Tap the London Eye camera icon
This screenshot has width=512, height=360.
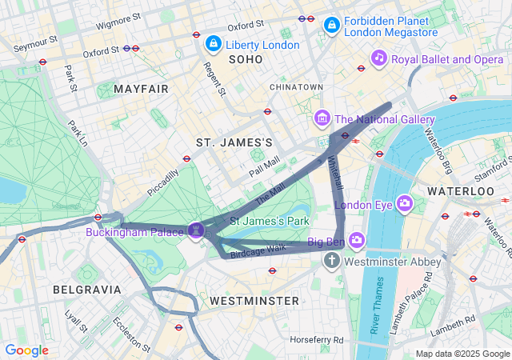tap(404, 204)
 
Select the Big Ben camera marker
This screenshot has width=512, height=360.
tap(356, 239)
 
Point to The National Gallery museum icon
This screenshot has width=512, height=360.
tap(322, 119)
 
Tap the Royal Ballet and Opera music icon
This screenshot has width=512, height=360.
tap(379, 58)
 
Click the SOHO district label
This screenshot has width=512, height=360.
tap(246, 60)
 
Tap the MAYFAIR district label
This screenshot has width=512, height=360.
tap(142, 88)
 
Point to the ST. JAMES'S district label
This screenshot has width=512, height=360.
tap(234, 142)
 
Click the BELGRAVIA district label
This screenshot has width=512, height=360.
tap(86, 289)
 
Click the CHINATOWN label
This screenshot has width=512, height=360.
tap(296, 86)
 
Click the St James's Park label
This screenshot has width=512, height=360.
tap(270, 220)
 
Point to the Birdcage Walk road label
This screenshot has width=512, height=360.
tap(258, 250)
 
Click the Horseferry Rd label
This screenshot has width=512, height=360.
tap(317, 340)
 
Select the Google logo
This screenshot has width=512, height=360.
tap(26, 350)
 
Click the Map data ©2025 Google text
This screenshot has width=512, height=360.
tap(462, 354)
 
